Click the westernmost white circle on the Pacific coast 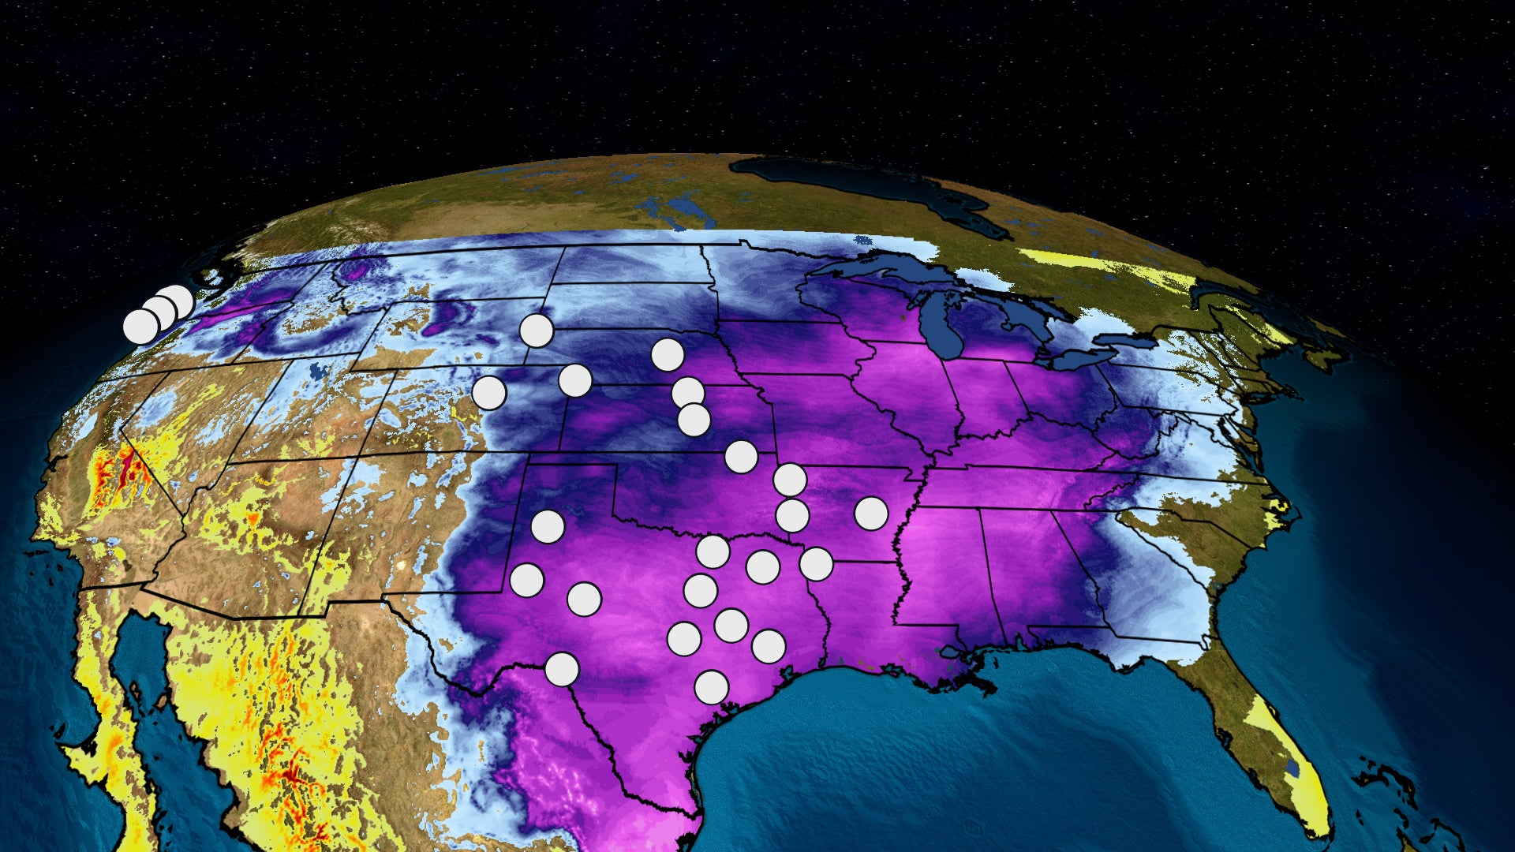click(x=141, y=327)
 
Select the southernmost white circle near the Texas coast click(x=711, y=687)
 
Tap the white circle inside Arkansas click(x=871, y=514)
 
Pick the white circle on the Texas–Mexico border click(x=562, y=670)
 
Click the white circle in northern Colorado click(x=488, y=392)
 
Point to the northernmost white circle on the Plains click(x=537, y=331)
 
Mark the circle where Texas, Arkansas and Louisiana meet click(x=816, y=563)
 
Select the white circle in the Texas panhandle click(x=548, y=526)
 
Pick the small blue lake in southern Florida click(x=1292, y=766)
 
